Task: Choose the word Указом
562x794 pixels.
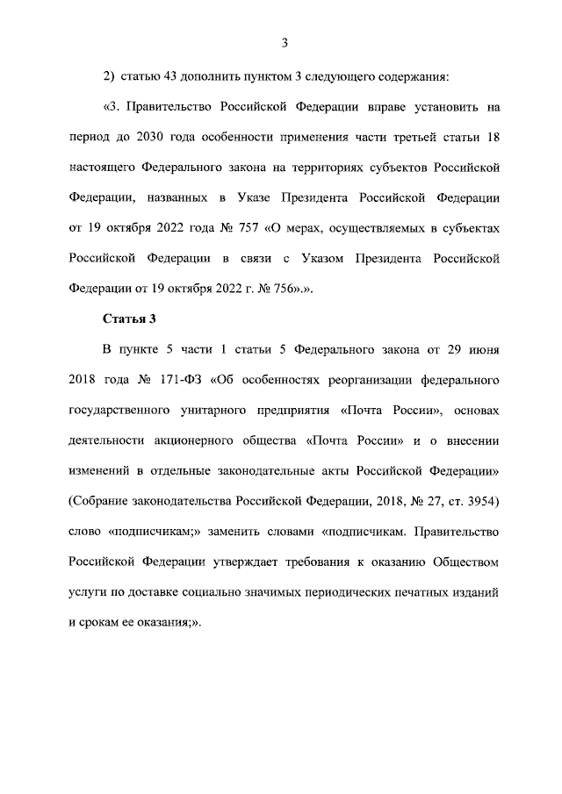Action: click(x=327, y=258)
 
